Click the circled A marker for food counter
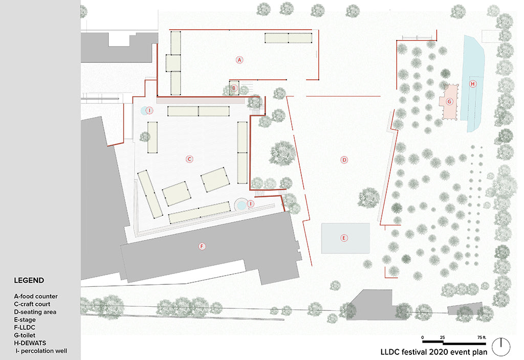[x=239, y=60]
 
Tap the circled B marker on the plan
[x=234, y=88]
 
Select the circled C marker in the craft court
[x=189, y=159]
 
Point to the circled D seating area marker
[x=344, y=160]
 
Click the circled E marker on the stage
[x=344, y=238]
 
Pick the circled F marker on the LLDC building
[x=202, y=246]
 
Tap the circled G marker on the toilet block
[x=449, y=101]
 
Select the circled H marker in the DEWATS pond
[x=472, y=83]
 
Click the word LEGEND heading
[x=29, y=280]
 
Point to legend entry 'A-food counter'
[x=36, y=296]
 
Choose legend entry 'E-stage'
[x=25, y=320]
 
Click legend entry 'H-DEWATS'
[x=30, y=343]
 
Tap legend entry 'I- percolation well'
[x=41, y=351]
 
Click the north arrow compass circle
[x=501, y=347]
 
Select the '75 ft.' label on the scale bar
[x=482, y=337]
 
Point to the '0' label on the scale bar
[x=422, y=337]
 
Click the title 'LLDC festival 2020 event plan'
[x=434, y=352]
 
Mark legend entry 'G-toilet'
[x=25, y=335]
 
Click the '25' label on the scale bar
[x=443, y=337]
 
